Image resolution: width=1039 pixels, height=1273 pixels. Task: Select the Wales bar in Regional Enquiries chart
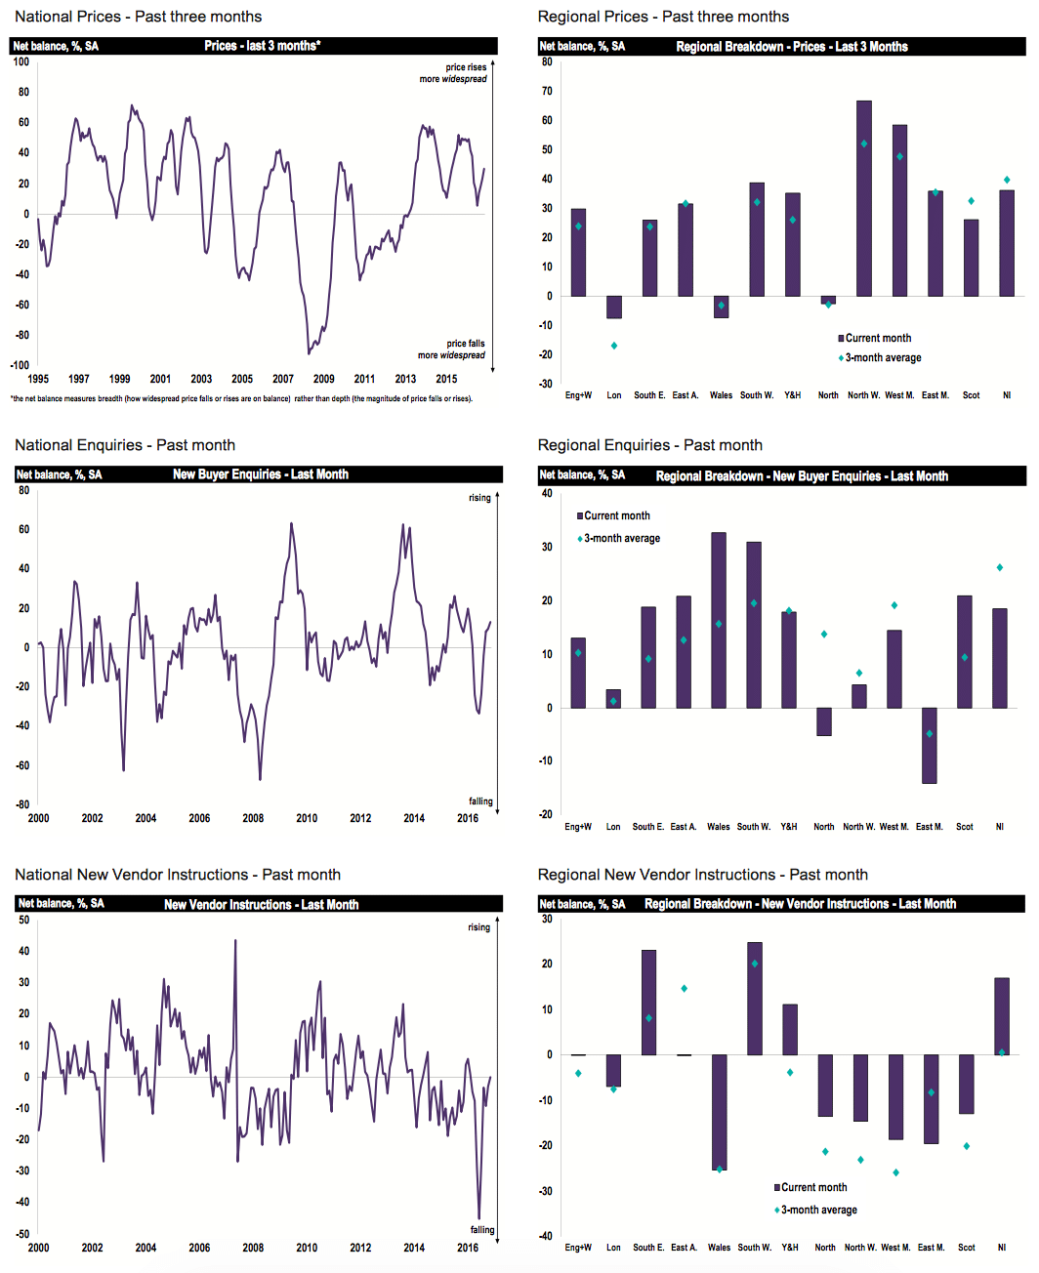(719, 620)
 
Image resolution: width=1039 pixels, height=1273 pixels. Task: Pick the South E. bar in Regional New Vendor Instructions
(648, 1002)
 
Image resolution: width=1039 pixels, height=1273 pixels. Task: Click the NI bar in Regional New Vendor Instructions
(1002, 1015)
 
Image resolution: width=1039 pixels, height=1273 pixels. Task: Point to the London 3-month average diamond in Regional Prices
(614, 346)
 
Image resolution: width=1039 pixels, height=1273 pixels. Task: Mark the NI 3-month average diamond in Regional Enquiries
(1000, 567)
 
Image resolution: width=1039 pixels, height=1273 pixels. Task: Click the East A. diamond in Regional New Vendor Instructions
(685, 989)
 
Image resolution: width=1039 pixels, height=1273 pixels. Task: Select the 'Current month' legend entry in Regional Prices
(875, 338)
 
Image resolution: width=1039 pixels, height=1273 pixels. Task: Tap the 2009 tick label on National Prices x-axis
(324, 379)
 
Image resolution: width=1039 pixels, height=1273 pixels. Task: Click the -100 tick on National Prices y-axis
(21, 365)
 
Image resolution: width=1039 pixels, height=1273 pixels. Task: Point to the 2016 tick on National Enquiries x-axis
(468, 818)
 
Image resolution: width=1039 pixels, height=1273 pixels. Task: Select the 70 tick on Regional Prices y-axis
(548, 91)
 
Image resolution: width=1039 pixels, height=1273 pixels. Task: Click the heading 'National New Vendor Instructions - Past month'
(178, 875)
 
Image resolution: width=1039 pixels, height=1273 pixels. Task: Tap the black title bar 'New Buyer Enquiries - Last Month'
(260, 474)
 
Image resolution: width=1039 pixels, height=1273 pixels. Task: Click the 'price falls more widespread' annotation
(452, 349)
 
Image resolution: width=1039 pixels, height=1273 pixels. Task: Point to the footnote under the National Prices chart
(241, 398)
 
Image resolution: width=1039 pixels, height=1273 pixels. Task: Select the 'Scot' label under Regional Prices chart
(972, 395)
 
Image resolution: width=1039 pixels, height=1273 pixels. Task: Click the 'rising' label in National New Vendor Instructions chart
(478, 927)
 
